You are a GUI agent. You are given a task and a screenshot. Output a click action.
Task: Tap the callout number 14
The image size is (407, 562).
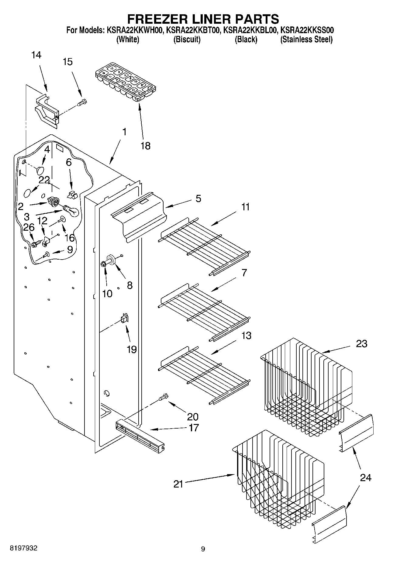(36, 55)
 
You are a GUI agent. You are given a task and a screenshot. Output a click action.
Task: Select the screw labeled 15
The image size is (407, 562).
(82, 103)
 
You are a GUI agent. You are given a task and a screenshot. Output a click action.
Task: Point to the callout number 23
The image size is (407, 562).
(361, 344)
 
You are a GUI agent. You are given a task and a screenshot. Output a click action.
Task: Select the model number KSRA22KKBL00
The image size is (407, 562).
(250, 30)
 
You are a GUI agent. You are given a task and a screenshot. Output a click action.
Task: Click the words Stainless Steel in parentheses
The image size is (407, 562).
(306, 40)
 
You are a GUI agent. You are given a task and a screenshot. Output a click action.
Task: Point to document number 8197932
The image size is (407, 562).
(24, 548)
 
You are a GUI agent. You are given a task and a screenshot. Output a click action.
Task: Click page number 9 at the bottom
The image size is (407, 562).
(203, 549)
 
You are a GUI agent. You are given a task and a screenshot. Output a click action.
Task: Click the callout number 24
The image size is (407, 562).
(365, 478)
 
